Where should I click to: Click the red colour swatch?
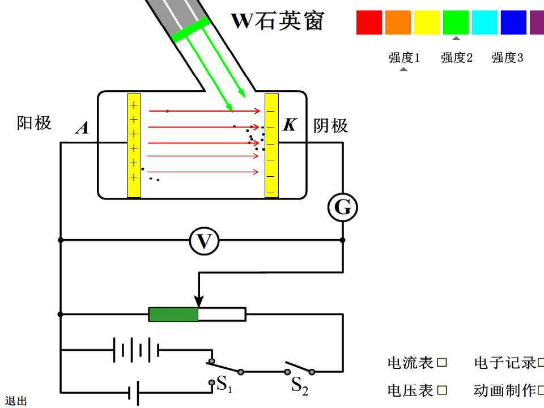[x=369, y=23]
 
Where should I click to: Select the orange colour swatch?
[x=398, y=23]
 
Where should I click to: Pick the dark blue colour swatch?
[x=513, y=23]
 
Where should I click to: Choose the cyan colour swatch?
[x=484, y=23]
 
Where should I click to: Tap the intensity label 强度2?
[x=457, y=58]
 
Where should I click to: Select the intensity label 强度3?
[x=507, y=58]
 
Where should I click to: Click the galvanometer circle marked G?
[x=343, y=207]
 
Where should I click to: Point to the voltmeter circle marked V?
[x=205, y=241]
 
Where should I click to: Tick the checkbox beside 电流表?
[x=441, y=363]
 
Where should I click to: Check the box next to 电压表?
[x=441, y=390]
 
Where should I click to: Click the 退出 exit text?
[x=16, y=401]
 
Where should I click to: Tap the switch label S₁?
[x=224, y=384]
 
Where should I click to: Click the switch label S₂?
[x=300, y=385]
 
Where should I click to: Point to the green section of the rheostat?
[x=173, y=314]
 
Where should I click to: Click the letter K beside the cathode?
[x=290, y=125]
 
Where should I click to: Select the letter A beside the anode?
[x=82, y=127]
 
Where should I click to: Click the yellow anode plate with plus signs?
[x=134, y=146]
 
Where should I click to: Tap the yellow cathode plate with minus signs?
[x=271, y=146]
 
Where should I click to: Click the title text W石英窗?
[x=278, y=20]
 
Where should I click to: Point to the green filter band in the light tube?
[x=191, y=30]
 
